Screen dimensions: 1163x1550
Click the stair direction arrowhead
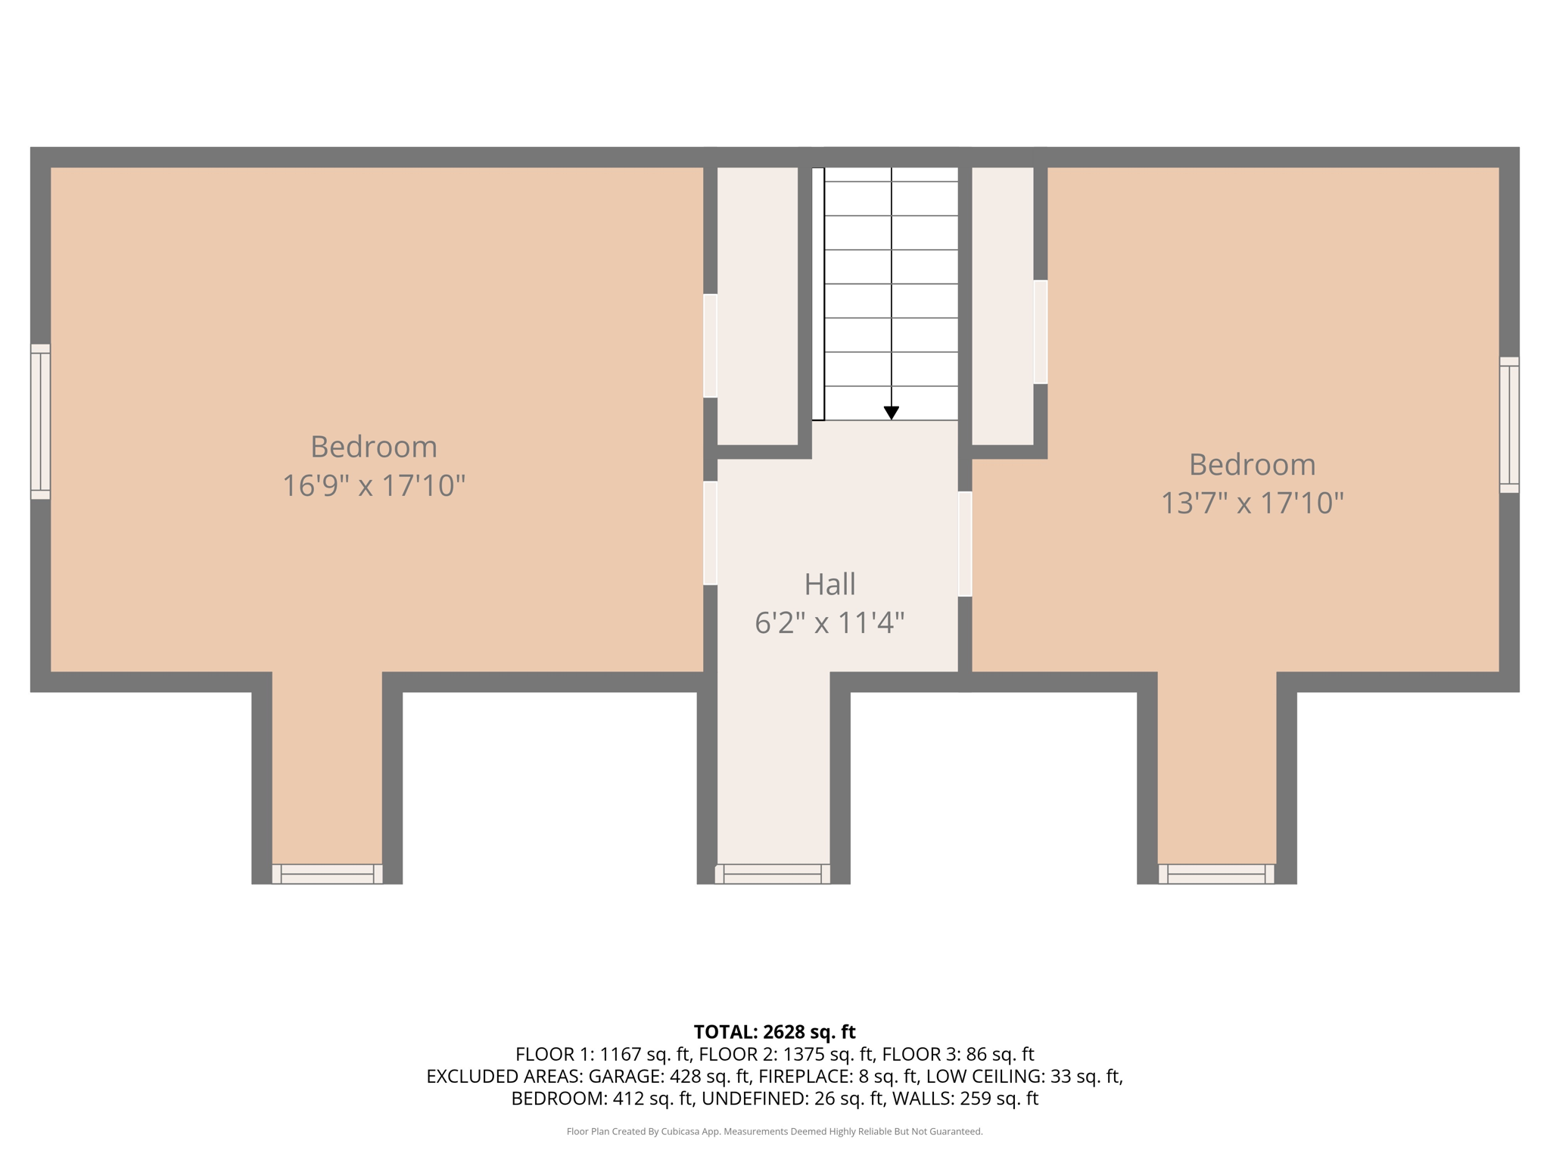click(x=892, y=413)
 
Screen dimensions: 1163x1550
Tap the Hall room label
click(x=829, y=585)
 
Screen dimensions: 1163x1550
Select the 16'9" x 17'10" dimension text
click(x=373, y=486)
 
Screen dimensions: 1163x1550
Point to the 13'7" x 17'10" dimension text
click(x=1252, y=504)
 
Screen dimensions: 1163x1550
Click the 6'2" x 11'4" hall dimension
click(x=829, y=623)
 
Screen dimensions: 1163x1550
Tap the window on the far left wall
click(x=40, y=422)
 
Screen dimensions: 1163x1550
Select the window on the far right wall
click(x=1509, y=425)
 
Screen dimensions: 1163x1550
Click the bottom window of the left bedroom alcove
click(x=327, y=874)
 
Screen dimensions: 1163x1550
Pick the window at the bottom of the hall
click(x=773, y=874)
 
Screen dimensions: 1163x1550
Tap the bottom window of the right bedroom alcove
click(x=1216, y=874)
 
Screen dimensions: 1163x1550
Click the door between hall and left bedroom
click(x=710, y=533)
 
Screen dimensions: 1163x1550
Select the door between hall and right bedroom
click(x=965, y=544)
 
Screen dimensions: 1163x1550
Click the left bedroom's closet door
click(x=710, y=345)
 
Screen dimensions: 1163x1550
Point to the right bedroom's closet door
click(x=1041, y=332)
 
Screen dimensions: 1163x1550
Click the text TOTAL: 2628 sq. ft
click(x=774, y=1032)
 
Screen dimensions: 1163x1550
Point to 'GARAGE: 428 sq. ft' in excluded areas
click(x=669, y=1076)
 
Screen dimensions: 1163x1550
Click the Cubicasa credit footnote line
click(x=774, y=1132)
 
